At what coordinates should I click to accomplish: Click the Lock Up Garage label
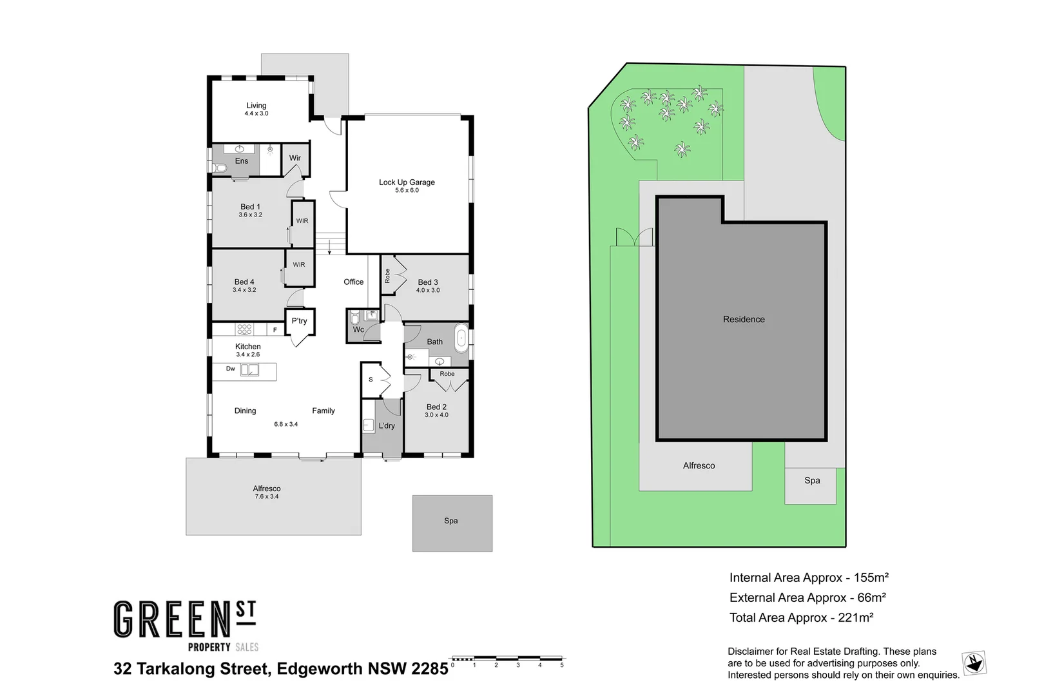(x=407, y=182)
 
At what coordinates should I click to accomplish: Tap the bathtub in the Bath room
(x=461, y=339)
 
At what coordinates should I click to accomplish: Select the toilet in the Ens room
(x=220, y=169)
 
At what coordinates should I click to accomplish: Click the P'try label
(x=299, y=321)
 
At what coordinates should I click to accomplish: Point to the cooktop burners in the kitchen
(x=244, y=329)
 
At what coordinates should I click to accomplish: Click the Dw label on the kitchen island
(x=231, y=369)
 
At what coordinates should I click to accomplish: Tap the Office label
(x=353, y=282)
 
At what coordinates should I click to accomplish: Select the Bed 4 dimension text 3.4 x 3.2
(x=244, y=290)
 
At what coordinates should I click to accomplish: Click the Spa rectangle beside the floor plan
(x=452, y=523)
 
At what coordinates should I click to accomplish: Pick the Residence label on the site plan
(x=744, y=320)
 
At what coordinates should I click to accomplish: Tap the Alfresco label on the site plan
(x=699, y=465)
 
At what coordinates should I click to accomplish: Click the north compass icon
(x=974, y=662)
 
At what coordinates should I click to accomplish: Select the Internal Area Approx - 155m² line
(x=809, y=578)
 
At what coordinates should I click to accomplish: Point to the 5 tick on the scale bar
(x=562, y=664)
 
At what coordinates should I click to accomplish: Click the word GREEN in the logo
(x=172, y=620)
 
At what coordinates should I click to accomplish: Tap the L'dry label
(x=387, y=426)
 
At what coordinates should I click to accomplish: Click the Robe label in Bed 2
(x=447, y=374)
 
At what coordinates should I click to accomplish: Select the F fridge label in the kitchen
(x=275, y=330)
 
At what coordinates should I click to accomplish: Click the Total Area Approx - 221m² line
(x=801, y=618)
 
